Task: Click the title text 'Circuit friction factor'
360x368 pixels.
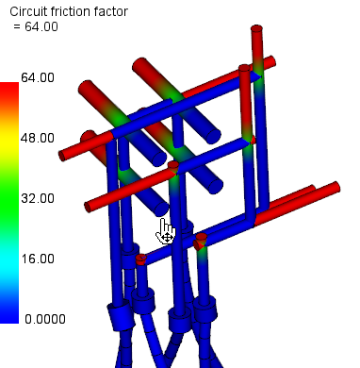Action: click(69, 11)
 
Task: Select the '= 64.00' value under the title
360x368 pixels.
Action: click(37, 26)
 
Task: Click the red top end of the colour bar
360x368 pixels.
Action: click(9, 90)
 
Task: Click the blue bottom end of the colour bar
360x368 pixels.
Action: click(9, 316)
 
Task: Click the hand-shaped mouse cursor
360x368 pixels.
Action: click(166, 229)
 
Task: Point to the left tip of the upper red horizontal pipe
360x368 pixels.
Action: click(64, 155)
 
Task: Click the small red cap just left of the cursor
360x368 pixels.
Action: click(139, 258)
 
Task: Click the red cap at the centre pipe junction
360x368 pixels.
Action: click(173, 168)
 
